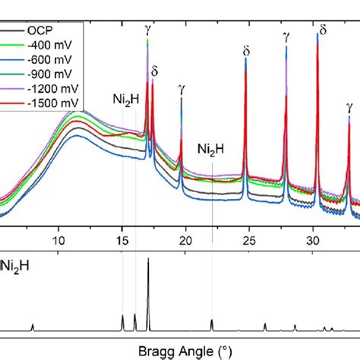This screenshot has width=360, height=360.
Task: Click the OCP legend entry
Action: [38, 32]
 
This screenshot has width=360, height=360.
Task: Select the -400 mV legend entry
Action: [46, 46]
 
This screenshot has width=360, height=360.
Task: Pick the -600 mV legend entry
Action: [46, 59]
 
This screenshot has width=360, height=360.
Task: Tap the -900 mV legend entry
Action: [46, 73]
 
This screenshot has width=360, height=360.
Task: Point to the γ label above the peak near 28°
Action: [286, 35]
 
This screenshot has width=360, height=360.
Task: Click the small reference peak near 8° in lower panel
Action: [33, 326]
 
